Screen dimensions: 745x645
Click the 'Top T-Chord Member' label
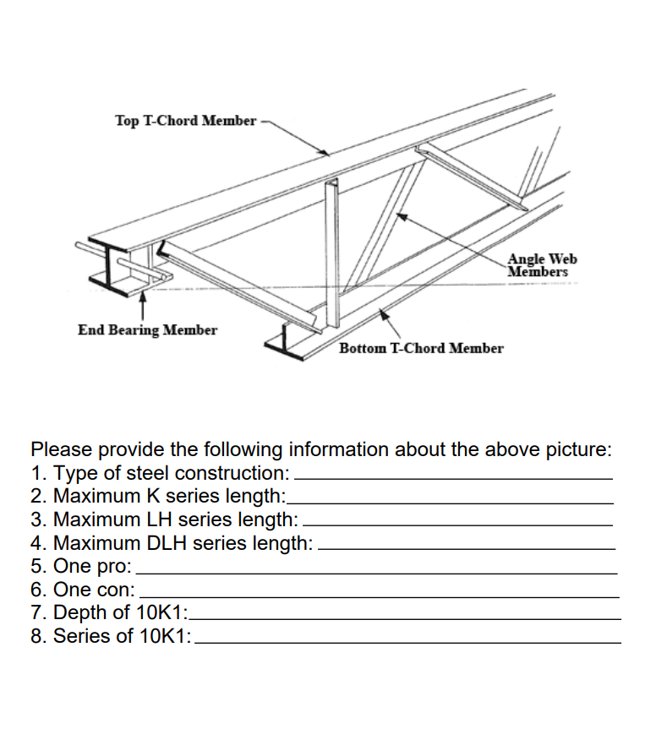[x=185, y=121]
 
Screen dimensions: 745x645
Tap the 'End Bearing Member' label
[x=147, y=329]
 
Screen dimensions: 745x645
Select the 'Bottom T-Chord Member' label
[x=421, y=348]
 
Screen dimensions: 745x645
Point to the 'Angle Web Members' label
[x=542, y=265]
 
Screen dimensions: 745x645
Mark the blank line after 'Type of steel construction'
[x=452, y=476]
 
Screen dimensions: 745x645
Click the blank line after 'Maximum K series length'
[x=451, y=500]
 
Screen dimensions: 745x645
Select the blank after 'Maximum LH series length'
[x=457, y=524]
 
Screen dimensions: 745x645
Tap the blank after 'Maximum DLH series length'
[x=466, y=547]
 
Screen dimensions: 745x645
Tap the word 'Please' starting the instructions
[x=60, y=449]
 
